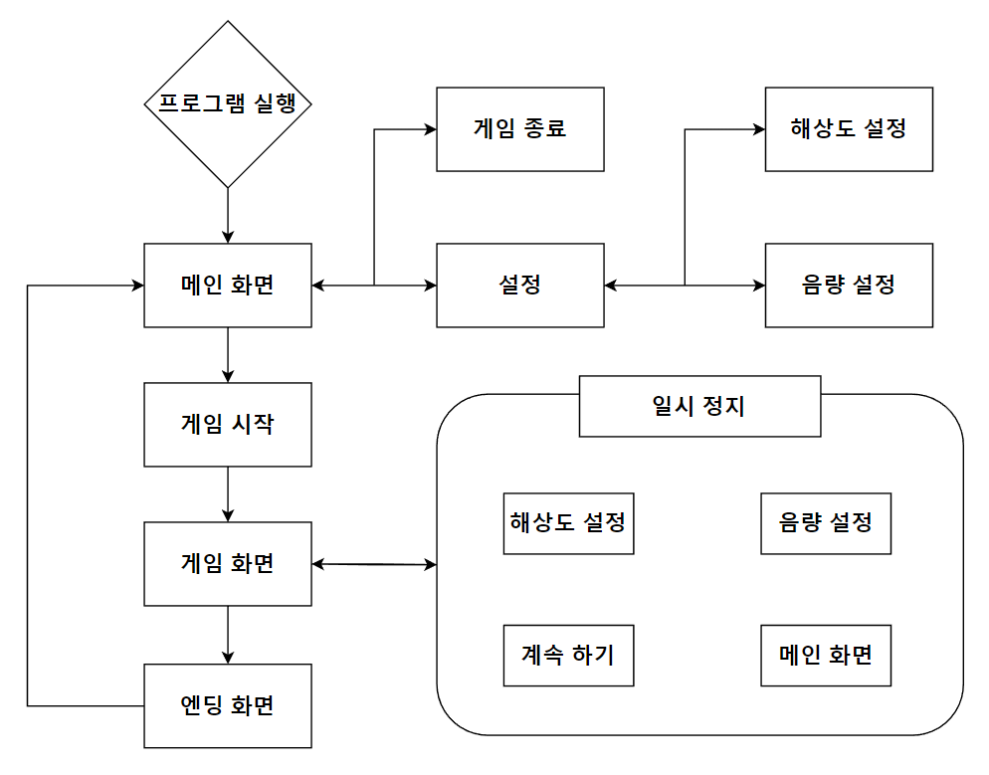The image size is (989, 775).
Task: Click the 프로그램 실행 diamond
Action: [228, 103]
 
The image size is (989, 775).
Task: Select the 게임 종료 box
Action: [520, 128]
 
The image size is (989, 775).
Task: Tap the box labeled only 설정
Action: [520, 285]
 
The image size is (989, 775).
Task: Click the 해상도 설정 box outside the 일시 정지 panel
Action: [849, 128]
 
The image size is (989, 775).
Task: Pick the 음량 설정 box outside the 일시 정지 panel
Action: [849, 285]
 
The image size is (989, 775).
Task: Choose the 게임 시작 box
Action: [228, 425]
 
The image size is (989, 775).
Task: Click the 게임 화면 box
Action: [228, 564]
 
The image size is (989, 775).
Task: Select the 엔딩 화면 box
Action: [228, 705]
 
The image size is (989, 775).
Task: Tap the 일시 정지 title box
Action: [700, 406]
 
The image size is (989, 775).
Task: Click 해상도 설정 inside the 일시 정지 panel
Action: [568, 522]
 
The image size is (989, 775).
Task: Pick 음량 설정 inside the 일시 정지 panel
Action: [826, 522]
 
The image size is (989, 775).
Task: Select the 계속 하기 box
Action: [568, 656]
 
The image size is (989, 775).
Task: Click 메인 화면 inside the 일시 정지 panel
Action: [826, 656]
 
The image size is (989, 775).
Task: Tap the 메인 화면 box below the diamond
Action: [228, 285]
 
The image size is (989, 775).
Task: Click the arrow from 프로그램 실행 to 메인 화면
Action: [228, 215]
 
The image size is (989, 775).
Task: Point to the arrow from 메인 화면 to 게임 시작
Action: [228, 355]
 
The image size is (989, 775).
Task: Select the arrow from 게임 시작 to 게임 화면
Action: [228, 494]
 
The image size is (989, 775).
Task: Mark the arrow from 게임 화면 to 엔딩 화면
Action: [228, 635]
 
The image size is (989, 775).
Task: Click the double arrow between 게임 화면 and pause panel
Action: [374, 565]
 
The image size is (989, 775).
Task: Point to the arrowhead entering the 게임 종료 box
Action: [430, 129]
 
